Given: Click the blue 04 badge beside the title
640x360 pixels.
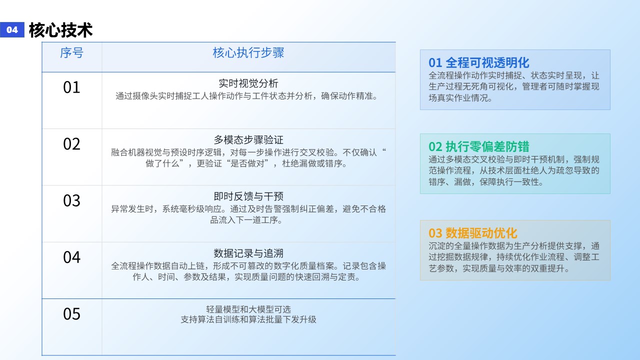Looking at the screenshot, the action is tap(12, 29).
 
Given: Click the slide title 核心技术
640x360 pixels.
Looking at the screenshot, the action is tap(60, 30).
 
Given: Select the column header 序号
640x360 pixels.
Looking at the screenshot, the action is tap(71, 53).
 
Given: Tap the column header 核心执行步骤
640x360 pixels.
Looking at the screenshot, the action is tap(248, 53).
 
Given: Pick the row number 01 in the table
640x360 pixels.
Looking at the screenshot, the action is tap(71, 87).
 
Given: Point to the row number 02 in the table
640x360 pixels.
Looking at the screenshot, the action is tap(71, 144).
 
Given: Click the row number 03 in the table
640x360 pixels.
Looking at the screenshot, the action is tap(71, 200).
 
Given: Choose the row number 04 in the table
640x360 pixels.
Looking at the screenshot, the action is tap(71, 257).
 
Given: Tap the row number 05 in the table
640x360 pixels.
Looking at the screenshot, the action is tap(71, 313).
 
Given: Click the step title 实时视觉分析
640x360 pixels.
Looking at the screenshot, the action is tap(248, 83).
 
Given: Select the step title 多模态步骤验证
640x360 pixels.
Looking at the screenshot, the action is tap(248, 140).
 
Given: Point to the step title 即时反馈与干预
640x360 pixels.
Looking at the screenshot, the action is tap(248, 196).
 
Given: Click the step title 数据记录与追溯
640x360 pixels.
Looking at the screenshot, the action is tap(248, 253).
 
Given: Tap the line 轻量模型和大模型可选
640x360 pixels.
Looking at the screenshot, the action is tap(248, 309).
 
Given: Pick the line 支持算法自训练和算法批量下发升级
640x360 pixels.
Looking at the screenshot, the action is tap(248, 319).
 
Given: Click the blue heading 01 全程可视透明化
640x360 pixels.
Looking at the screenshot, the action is tap(479, 62).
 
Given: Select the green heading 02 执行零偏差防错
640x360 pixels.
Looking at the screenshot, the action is tap(479, 146).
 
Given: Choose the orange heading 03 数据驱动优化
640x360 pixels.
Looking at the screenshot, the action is tap(473, 233).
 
